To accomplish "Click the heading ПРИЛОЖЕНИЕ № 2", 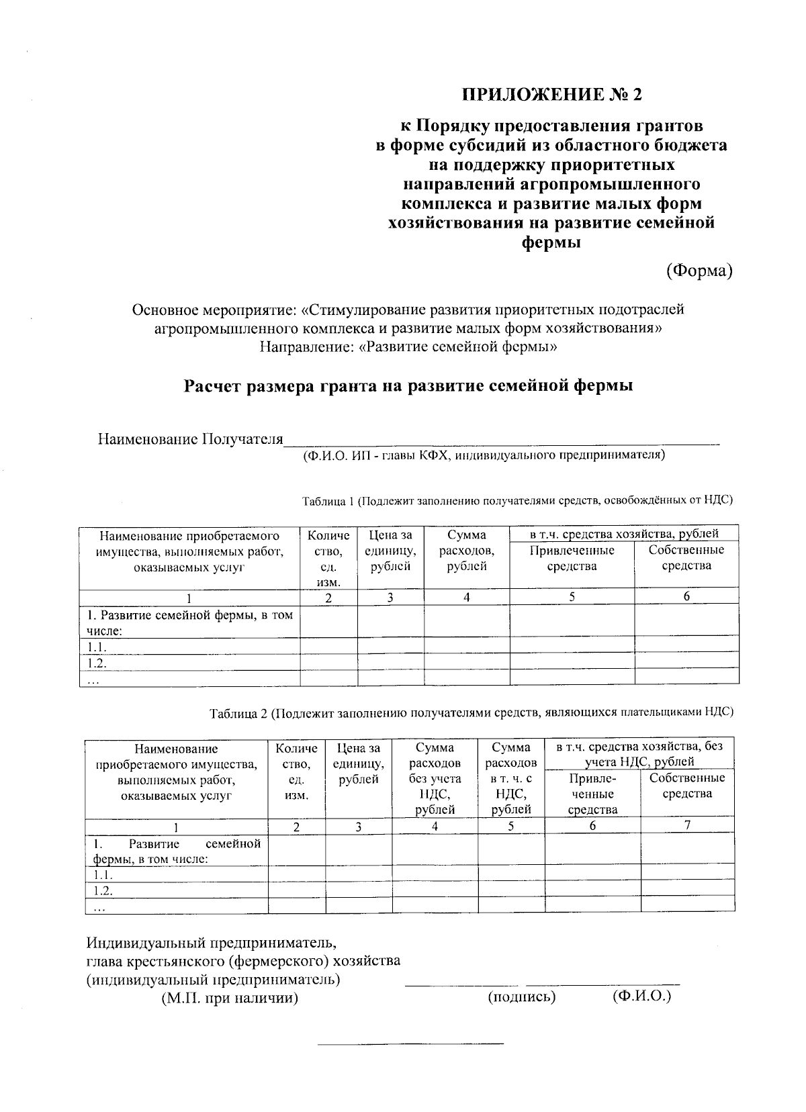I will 551,94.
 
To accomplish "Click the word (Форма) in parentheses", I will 699,271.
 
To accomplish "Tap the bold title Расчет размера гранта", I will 408,387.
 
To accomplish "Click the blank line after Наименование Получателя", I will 500,441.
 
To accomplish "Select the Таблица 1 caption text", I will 517,500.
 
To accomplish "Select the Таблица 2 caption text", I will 471,712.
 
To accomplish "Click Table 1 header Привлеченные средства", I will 572,558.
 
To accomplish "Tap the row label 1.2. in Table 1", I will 98,663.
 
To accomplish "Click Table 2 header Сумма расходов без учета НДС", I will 435,778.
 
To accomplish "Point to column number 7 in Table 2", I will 687,825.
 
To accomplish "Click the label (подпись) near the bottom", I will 522,997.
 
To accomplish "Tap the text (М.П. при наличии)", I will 229,999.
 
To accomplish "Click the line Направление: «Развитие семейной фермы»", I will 408,347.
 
